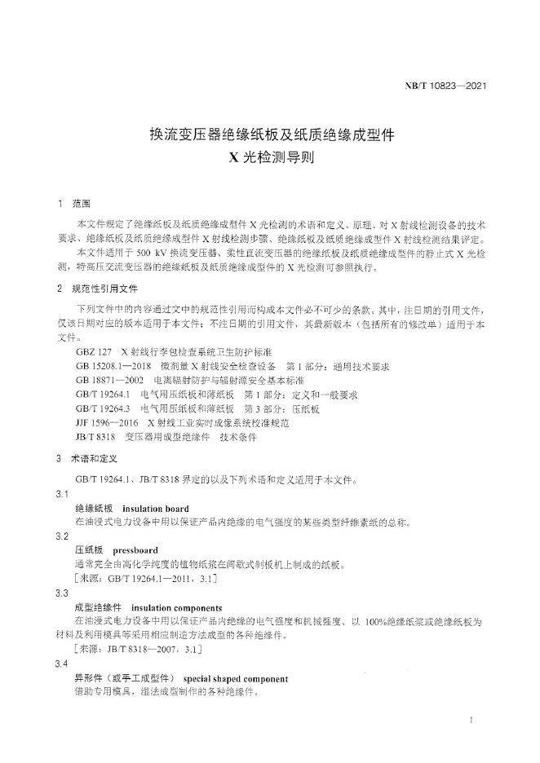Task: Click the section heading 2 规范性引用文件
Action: pos(98,289)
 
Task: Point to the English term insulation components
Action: pos(176,608)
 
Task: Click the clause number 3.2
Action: pos(62,536)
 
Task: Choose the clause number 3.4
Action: pos(62,665)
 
